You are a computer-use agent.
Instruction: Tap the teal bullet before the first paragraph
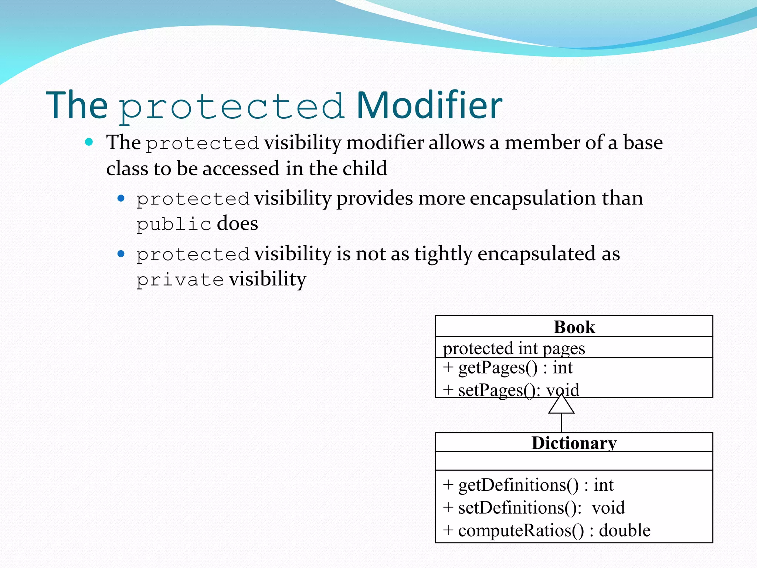[89, 142]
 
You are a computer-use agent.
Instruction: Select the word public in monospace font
[174, 224]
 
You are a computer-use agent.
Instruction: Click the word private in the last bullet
[180, 280]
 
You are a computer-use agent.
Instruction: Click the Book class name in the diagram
[574, 327]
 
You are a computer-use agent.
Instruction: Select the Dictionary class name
[574, 443]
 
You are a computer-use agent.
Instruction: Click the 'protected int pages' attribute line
[514, 348]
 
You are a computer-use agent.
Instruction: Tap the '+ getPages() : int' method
[508, 368]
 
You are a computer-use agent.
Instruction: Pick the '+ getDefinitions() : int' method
[528, 485]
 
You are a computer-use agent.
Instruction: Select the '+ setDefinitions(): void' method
[534, 507]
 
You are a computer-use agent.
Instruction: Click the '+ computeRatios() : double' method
[546, 530]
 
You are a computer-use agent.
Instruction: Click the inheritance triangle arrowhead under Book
[561, 405]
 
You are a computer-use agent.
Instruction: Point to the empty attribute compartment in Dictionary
[574, 461]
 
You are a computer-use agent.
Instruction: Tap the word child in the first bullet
[365, 169]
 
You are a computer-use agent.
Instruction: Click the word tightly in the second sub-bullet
[443, 254]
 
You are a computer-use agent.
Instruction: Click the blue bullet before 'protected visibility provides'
[121, 199]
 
